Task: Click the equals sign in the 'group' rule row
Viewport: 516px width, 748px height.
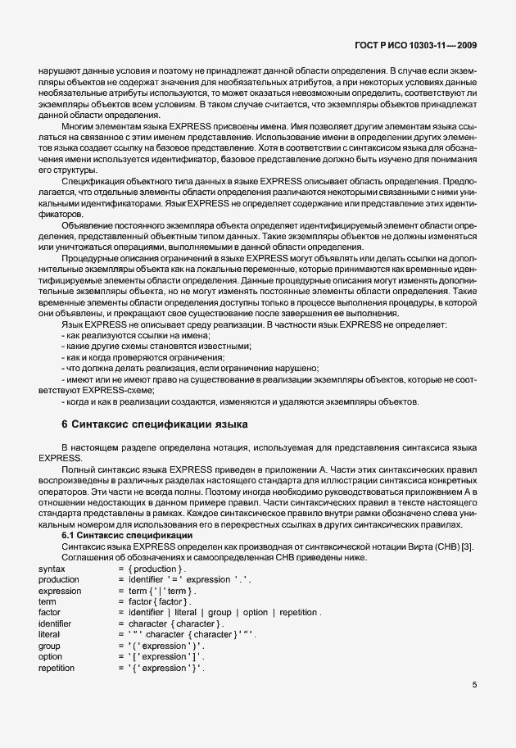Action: (120, 646)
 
